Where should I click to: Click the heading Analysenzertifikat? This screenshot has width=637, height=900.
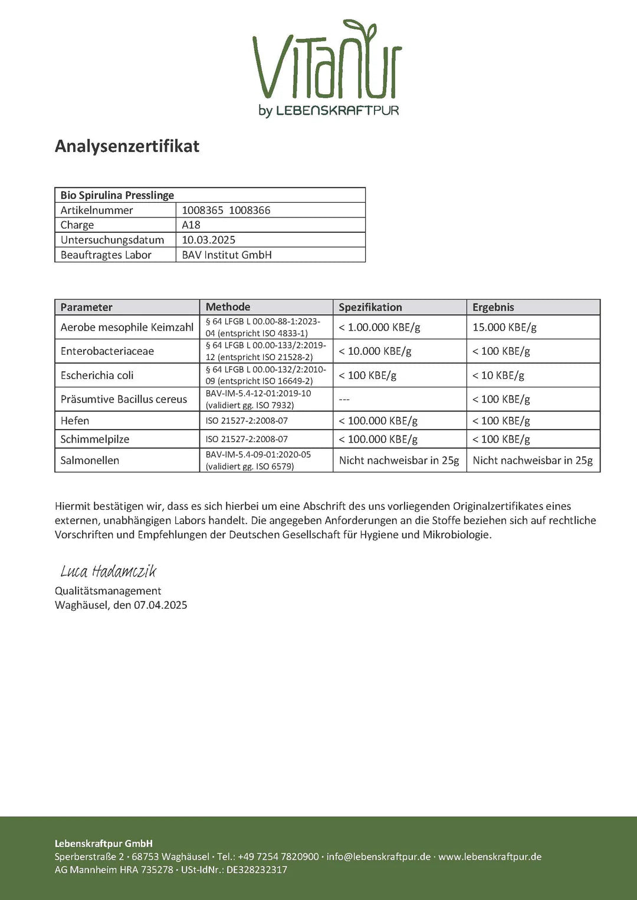click(127, 146)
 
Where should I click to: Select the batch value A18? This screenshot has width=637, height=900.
click(191, 225)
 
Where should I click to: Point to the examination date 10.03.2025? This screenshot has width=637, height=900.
click(208, 240)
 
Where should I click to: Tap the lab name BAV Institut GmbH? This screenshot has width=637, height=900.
click(226, 255)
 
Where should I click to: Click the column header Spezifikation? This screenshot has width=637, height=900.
click(370, 307)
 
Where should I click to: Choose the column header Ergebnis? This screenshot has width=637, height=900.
click(493, 307)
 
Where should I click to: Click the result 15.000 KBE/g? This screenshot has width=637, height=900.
click(504, 327)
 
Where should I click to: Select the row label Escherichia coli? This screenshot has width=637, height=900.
click(97, 375)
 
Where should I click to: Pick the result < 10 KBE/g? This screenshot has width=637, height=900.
click(498, 375)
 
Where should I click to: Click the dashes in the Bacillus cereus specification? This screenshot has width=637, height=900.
click(344, 400)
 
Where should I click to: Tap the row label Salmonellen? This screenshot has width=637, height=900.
click(90, 460)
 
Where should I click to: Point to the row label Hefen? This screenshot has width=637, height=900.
click(75, 421)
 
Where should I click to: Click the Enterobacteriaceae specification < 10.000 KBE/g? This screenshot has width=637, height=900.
click(375, 351)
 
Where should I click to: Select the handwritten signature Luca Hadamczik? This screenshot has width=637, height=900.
click(109, 571)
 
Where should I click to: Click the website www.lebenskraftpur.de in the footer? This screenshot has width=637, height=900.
click(490, 856)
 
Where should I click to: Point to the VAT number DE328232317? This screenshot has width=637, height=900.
click(257, 870)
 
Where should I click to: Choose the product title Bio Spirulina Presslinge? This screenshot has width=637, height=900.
click(117, 195)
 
